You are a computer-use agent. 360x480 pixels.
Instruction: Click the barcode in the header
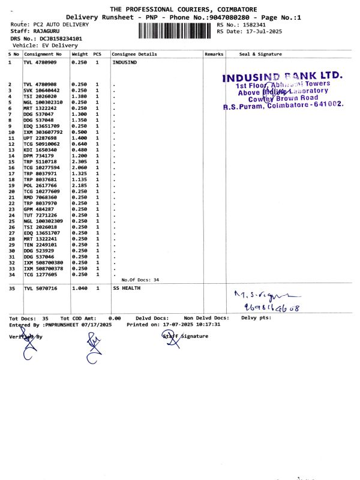click(176, 28)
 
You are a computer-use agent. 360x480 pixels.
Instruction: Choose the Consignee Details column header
click(134, 54)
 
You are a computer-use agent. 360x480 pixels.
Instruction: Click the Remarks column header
click(214, 54)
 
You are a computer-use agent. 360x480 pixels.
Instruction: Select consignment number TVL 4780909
click(40, 62)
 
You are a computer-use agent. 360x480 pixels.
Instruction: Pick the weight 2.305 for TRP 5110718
click(80, 162)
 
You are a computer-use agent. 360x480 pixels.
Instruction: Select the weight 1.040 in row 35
click(80, 289)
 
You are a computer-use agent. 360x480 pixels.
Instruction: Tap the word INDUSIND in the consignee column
click(124, 62)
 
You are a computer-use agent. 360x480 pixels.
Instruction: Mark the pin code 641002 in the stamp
click(326, 104)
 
